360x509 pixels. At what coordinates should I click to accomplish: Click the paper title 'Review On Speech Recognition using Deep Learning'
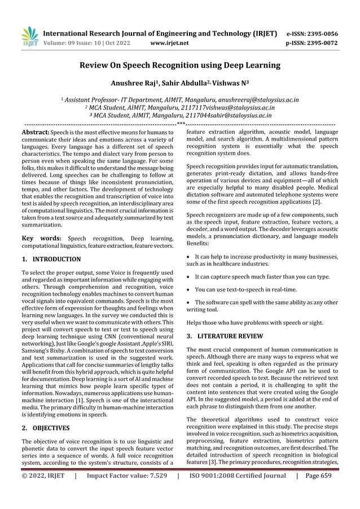click(179, 65)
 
